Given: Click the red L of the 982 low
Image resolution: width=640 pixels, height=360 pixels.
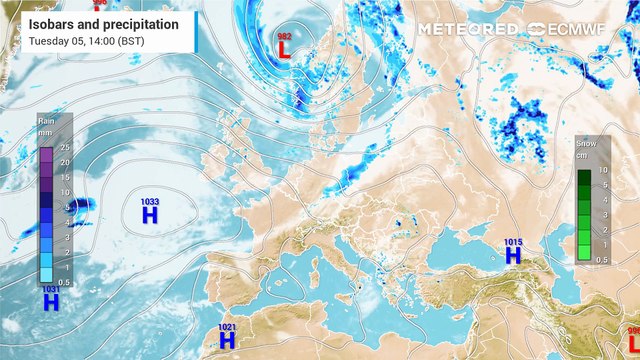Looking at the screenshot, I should tap(285, 49).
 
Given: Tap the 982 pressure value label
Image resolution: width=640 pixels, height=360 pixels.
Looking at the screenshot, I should tap(284, 35).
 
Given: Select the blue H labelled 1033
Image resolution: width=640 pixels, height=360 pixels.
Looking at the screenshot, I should tap(150, 214).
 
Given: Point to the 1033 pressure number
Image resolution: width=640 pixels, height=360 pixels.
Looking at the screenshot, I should tap(150, 201).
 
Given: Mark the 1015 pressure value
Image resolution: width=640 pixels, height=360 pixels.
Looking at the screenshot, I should tap(513, 242).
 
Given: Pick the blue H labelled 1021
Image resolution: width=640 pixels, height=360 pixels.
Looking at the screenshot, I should tap(227, 341).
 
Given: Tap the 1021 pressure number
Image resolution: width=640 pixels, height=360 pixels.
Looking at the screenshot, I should tap(227, 327).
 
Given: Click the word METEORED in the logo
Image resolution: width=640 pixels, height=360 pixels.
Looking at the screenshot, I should tap(468, 30).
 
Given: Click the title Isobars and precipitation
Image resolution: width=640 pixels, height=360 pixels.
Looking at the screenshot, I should tap(104, 23).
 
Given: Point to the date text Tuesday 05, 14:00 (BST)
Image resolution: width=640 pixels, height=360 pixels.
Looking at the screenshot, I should tap(86, 41).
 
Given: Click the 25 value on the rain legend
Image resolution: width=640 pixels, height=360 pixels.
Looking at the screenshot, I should tap(64, 147).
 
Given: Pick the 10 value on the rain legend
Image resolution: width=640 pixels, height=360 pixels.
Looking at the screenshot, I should tap(64, 192).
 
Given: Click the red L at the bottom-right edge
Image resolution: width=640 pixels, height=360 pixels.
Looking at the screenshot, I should tap(634, 341).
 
